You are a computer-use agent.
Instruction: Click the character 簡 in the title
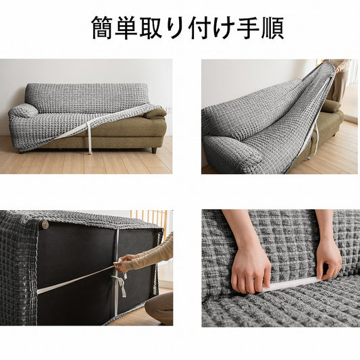103,28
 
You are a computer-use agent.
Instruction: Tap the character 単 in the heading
126,28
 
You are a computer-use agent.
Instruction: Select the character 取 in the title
151,28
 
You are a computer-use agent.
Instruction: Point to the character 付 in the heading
199,28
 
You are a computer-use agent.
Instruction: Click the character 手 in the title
248,28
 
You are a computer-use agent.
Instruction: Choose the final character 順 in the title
272,28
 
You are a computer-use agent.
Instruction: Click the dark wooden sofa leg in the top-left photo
154,151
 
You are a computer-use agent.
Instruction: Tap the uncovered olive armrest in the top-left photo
155,114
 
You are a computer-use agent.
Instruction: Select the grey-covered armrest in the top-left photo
23,111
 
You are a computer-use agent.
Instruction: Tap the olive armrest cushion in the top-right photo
331,107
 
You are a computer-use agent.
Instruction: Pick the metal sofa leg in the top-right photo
309,157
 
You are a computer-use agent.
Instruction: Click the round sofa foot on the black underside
45,225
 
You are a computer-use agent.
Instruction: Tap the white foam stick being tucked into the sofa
292,284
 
